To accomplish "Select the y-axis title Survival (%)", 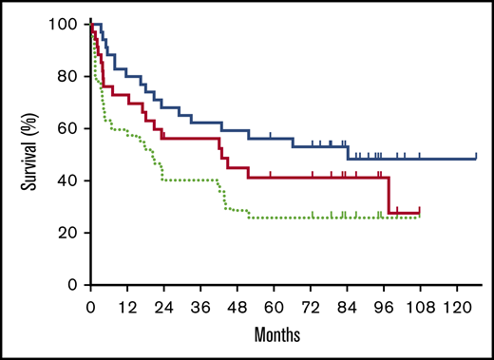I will coord(28,154).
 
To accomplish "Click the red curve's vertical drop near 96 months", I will coord(388,195).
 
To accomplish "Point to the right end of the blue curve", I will coord(475,158).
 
